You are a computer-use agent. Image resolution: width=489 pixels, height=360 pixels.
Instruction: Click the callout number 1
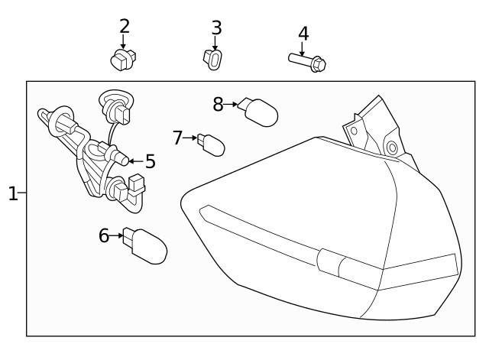click(x=12, y=193)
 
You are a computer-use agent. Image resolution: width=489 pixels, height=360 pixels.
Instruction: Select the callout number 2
click(x=125, y=26)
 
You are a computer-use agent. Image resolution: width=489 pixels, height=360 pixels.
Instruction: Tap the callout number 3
click(x=216, y=28)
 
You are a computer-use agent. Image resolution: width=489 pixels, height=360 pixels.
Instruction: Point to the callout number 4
click(x=303, y=34)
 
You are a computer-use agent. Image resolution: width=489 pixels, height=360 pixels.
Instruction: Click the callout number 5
click(x=150, y=161)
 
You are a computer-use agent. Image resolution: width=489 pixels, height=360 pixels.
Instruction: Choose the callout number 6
click(x=104, y=235)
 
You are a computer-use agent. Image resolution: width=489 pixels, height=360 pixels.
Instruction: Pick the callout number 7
click(x=178, y=138)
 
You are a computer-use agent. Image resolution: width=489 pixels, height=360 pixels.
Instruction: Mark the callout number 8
click(x=218, y=104)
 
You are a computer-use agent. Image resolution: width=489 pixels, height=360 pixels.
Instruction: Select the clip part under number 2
click(x=122, y=60)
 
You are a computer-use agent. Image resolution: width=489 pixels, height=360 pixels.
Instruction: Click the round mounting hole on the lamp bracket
click(x=392, y=147)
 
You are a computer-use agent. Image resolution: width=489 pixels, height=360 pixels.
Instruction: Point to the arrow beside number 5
click(x=132, y=161)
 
